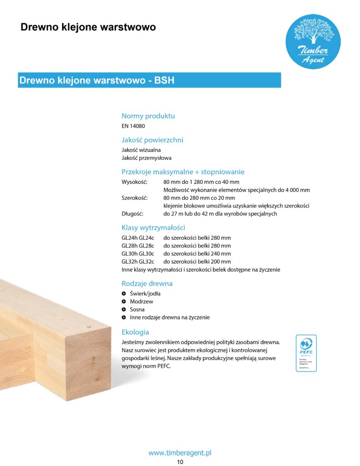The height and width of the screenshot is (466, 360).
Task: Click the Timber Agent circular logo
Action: tap(313, 42)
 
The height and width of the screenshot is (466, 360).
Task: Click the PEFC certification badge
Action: tap(306, 353)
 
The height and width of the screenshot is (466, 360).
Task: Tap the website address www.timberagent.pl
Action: tap(180, 453)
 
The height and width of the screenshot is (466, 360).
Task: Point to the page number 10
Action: tap(180, 462)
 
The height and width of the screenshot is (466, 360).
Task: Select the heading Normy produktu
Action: tap(148, 116)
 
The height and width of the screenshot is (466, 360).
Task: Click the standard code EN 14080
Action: tap(133, 126)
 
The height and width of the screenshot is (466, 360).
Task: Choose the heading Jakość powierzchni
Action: tap(152, 140)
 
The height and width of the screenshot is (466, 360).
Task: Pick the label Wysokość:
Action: tap(132, 182)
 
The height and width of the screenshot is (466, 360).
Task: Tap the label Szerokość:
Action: tap(132, 198)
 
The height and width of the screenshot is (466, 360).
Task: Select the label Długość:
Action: tap(132, 214)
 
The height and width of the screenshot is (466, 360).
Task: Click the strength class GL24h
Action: tap(129, 238)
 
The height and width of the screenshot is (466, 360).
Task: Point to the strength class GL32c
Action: tap(147, 262)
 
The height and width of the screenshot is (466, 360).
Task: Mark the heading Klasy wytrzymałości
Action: tap(153, 228)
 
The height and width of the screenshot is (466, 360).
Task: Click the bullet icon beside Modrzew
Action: tap(124, 302)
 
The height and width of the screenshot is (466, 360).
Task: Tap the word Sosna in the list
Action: tap(137, 309)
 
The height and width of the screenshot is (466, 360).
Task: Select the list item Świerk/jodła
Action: tap(145, 294)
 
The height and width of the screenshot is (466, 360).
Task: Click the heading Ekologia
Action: tap(135, 332)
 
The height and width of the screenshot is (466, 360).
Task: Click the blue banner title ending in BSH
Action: tap(97, 81)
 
